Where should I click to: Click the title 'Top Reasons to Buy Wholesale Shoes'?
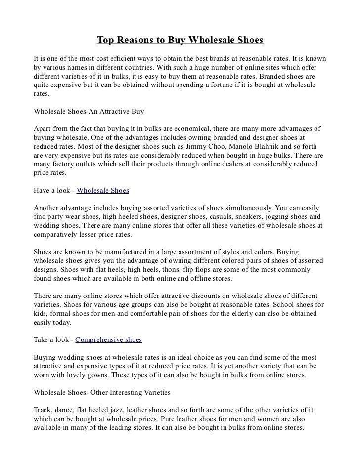180,39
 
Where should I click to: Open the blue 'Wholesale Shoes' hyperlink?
103,190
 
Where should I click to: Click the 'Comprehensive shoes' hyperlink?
108,340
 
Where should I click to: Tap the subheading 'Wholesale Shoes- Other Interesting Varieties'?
102,393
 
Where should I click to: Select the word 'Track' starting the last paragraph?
43,411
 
